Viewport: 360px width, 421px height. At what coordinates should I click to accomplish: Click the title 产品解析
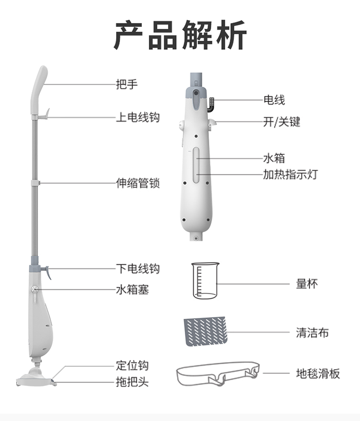click(180, 35)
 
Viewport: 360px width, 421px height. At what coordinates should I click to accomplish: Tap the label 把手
click(127, 84)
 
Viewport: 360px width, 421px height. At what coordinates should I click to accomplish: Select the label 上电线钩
click(138, 117)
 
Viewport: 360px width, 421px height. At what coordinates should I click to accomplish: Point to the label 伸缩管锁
click(138, 183)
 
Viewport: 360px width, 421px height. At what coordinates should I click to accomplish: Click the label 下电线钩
click(138, 269)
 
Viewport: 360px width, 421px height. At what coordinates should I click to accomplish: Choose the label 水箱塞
click(132, 290)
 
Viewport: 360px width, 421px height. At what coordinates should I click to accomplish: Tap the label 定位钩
click(132, 365)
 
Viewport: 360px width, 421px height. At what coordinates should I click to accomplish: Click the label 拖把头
click(132, 382)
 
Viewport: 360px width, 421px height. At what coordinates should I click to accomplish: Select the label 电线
click(274, 100)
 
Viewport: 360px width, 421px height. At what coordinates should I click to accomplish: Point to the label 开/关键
click(281, 122)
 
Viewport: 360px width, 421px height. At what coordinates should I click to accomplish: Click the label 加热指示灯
click(290, 174)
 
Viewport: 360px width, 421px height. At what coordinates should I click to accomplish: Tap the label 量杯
click(307, 283)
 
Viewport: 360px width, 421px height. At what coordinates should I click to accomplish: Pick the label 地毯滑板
click(318, 373)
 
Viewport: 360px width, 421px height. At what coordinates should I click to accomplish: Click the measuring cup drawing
click(205, 281)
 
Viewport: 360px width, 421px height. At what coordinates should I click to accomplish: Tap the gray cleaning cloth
click(205, 331)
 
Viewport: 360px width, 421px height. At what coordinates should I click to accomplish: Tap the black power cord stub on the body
click(211, 105)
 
